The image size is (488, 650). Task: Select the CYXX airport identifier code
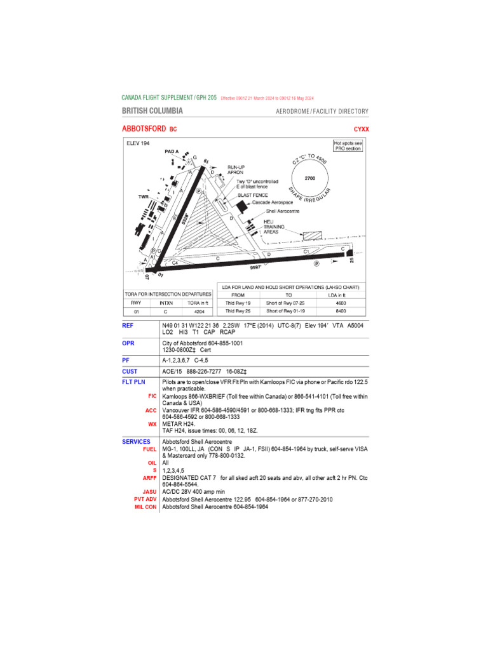[x=361, y=129]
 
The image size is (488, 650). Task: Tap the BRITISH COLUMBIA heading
[x=152, y=111]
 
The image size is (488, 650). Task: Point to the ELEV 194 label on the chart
[x=137, y=143]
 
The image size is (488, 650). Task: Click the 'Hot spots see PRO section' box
[x=349, y=146]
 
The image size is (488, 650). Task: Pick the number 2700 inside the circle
[x=310, y=178]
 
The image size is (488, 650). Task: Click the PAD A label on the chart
[x=172, y=152]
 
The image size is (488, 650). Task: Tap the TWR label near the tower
[x=143, y=197]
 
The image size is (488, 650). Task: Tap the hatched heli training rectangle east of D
[x=313, y=235]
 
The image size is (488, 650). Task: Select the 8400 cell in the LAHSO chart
[x=341, y=312]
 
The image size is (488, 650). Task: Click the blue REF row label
[x=128, y=325]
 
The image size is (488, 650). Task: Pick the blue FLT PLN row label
[x=135, y=383]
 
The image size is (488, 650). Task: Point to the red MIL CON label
[x=145, y=507]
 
